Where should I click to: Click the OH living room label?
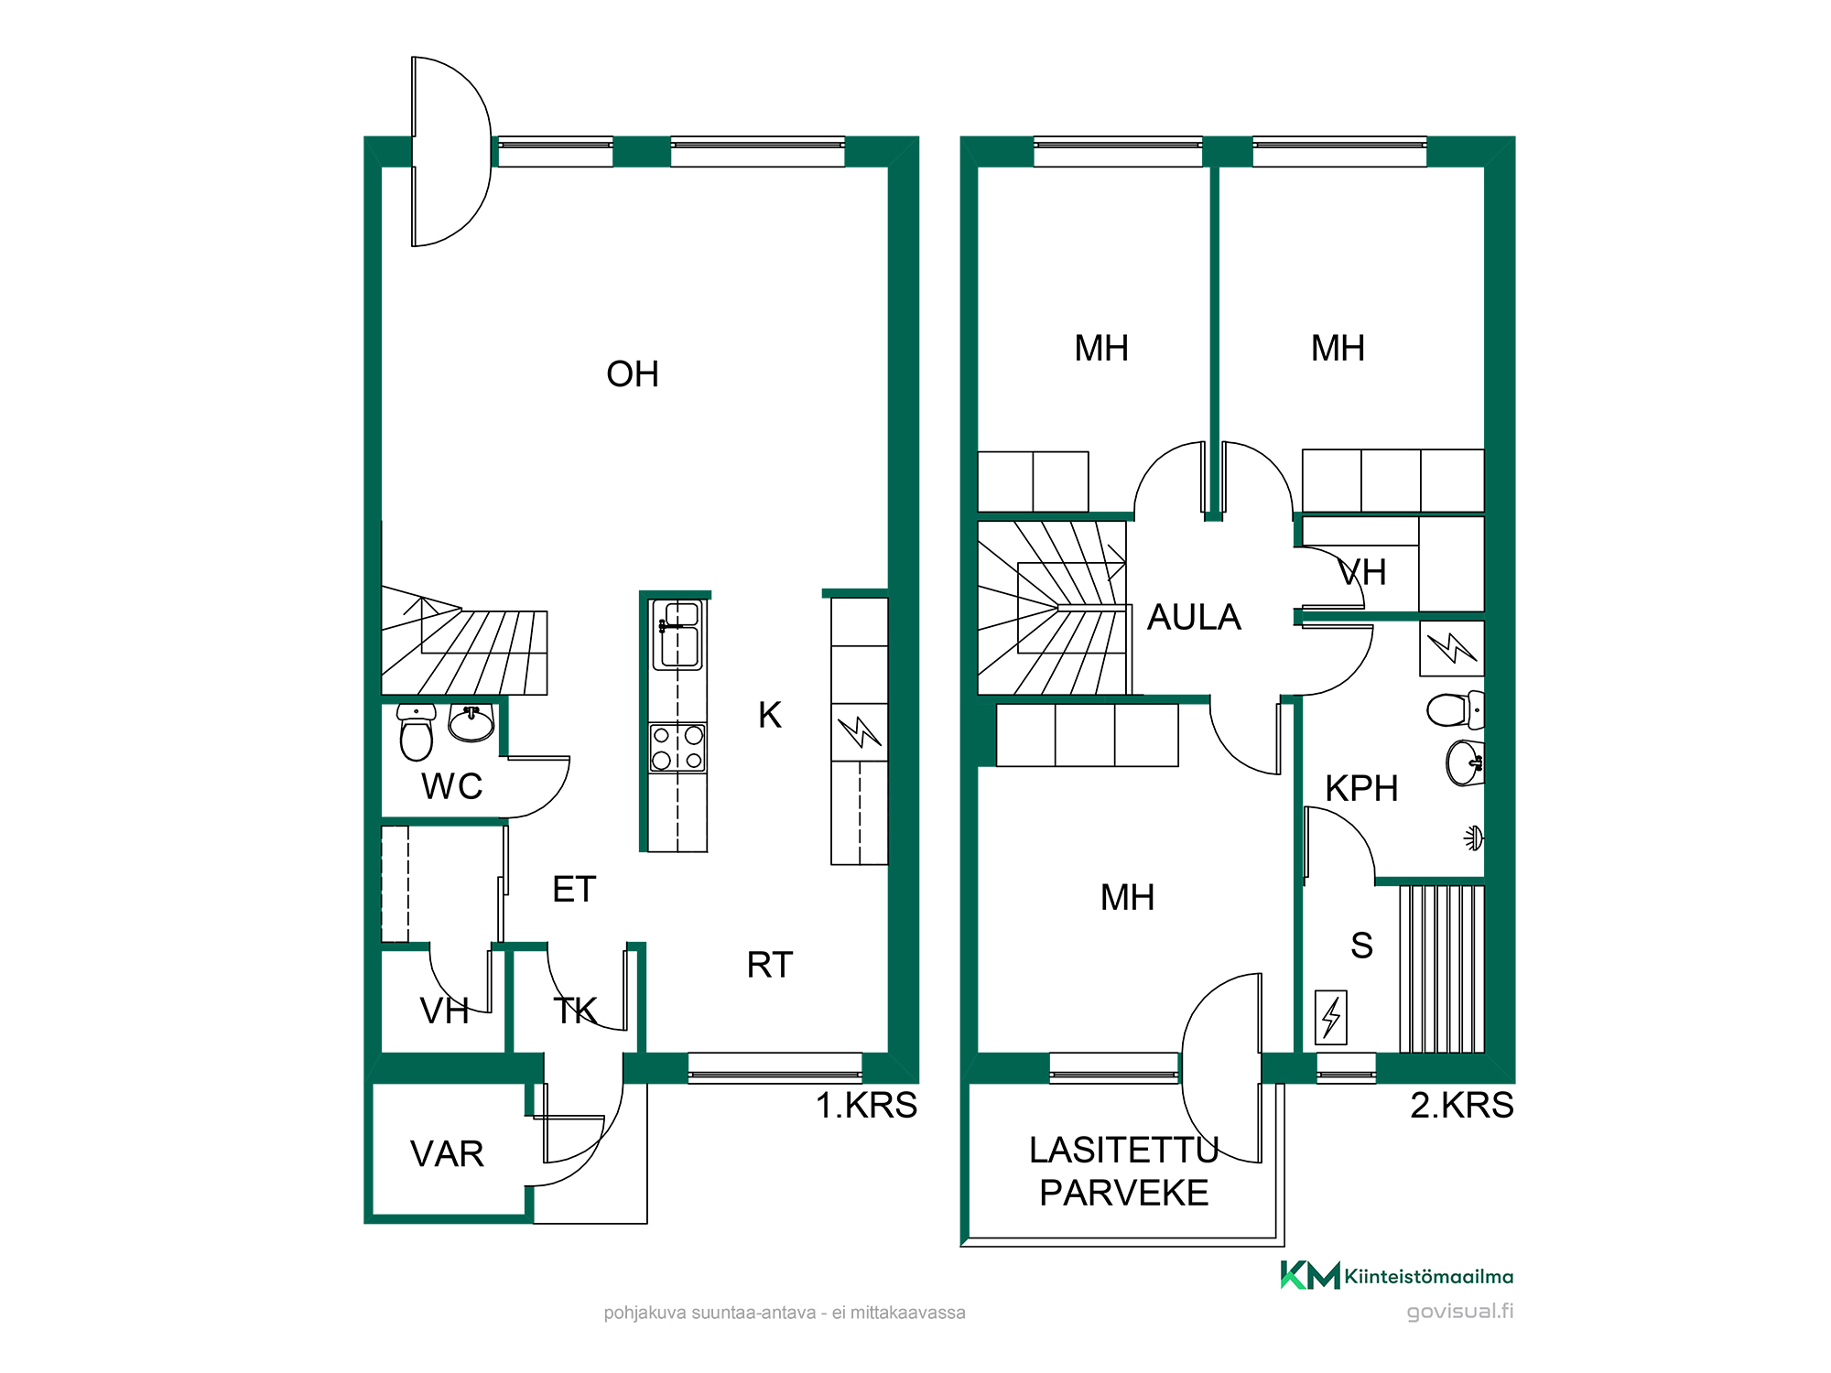pyautogui.click(x=633, y=374)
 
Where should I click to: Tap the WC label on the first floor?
pyautogui.click(x=452, y=786)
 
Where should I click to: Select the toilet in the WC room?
pyautogui.click(x=417, y=732)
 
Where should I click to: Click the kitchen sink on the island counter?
pyautogui.click(x=677, y=634)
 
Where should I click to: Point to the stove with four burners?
pyautogui.click(x=677, y=748)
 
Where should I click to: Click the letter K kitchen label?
pyautogui.click(x=770, y=715)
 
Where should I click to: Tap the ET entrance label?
pyautogui.click(x=575, y=890)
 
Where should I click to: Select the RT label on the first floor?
pyautogui.click(x=770, y=965)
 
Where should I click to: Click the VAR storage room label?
pyautogui.click(x=447, y=1154)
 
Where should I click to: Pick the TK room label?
pyautogui.click(x=575, y=1011)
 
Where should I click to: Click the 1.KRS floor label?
pyautogui.click(x=866, y=1106)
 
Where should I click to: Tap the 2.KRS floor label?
pyautogui.click(x=1462, y=1106)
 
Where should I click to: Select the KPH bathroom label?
pyautogui.click(x=1362, y=789)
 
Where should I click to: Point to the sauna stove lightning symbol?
pyautogui.click(x=1331, y=1017)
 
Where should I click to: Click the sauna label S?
pyautogui.click(x=1362, y=946)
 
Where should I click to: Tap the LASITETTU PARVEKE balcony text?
pyautogui.click(x=1124, y=1172)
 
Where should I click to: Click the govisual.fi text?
pyautogui.click(x=1460, y=1312)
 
